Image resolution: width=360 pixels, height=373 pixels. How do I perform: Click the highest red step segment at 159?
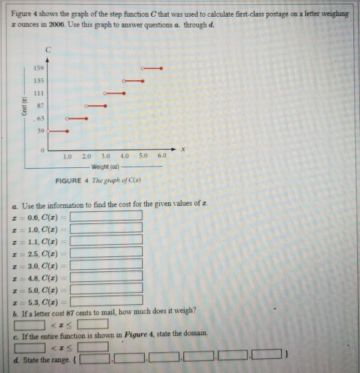point(151,68)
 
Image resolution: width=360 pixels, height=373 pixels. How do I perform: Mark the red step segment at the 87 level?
point(95,106)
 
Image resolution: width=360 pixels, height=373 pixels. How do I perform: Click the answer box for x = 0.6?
point(107,216)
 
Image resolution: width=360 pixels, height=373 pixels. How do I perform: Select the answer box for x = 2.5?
point(107,252)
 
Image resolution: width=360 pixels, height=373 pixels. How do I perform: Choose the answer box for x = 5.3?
point(107,300)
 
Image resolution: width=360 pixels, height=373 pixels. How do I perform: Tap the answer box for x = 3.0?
point(107,264)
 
